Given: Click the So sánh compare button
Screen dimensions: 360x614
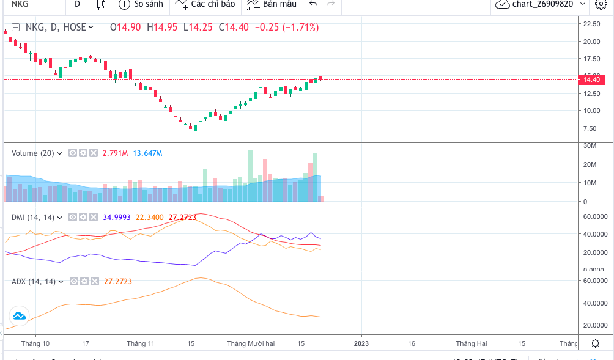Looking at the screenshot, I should tap(141, 4).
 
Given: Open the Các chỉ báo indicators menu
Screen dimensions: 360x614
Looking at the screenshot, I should tap(205, 4).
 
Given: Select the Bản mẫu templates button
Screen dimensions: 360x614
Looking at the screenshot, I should tap(272, 4).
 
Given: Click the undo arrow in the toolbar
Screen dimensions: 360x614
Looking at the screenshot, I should tap(314, 4).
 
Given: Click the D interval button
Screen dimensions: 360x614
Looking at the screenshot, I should tap(77, 4).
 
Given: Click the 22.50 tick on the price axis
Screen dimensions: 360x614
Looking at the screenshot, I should tap(591, 24).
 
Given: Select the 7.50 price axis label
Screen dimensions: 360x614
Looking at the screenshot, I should tap(591, 128).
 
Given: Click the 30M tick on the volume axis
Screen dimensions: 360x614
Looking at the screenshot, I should tap(590, 145).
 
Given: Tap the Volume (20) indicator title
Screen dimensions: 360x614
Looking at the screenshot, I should tap(33, 153).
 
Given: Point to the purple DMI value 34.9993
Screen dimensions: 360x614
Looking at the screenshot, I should tap(117, 217).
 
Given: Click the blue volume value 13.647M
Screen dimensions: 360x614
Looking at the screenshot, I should tap(149, 153).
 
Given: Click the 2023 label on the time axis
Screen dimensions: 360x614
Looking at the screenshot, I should tap(361, 343).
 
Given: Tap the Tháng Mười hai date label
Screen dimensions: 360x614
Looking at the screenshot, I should tap(251, 343).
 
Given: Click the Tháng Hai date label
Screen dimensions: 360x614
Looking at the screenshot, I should tap(471, 343).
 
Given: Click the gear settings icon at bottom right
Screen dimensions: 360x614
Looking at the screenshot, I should tap(595, 343).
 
